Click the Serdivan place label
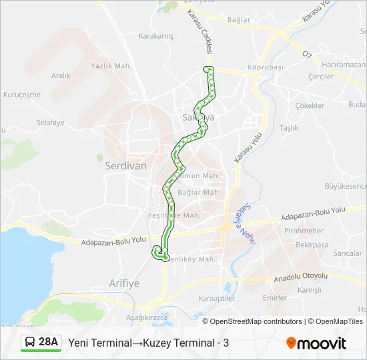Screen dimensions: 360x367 click(x=125, y=167)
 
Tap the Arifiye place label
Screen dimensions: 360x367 click(x=124, y=283)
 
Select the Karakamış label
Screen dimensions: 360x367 click(x=155, y=36)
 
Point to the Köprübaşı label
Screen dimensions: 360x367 click(x=266, y=67)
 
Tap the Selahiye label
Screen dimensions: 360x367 click(x=50, y=123)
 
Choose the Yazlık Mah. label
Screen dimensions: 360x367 click(x=111, y=65)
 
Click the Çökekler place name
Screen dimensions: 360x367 click(x=310, y=105)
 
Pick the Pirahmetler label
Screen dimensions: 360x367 click(x=304, y=231)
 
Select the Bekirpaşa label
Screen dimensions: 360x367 click(x=312, y=245)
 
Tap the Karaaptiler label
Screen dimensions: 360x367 click(x=217, y=299)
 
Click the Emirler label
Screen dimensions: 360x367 click(x=275, y=297)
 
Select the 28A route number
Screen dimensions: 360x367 click(x=49, y=342)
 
